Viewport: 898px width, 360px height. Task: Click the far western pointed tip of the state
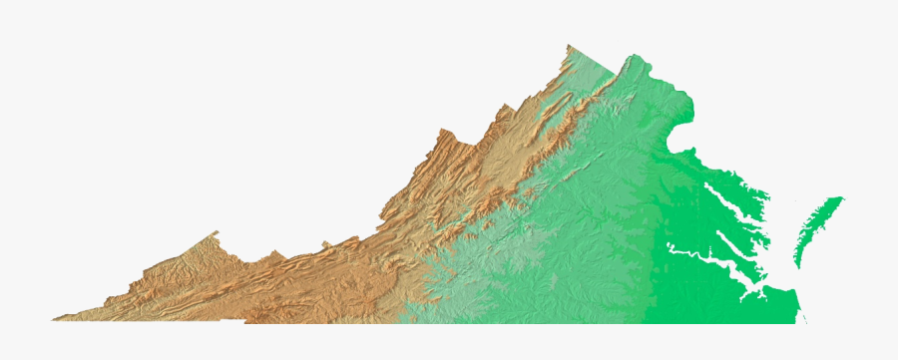tap(55, 319)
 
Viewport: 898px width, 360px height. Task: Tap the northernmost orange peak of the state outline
tap(569, 46)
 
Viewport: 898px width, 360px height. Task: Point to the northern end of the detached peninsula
tap(841, 198)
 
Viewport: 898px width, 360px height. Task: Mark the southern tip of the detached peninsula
tap(797, 264)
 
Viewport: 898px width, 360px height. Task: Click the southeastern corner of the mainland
tap(803, 321)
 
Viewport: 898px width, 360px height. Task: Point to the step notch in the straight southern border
tap(245, 320)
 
